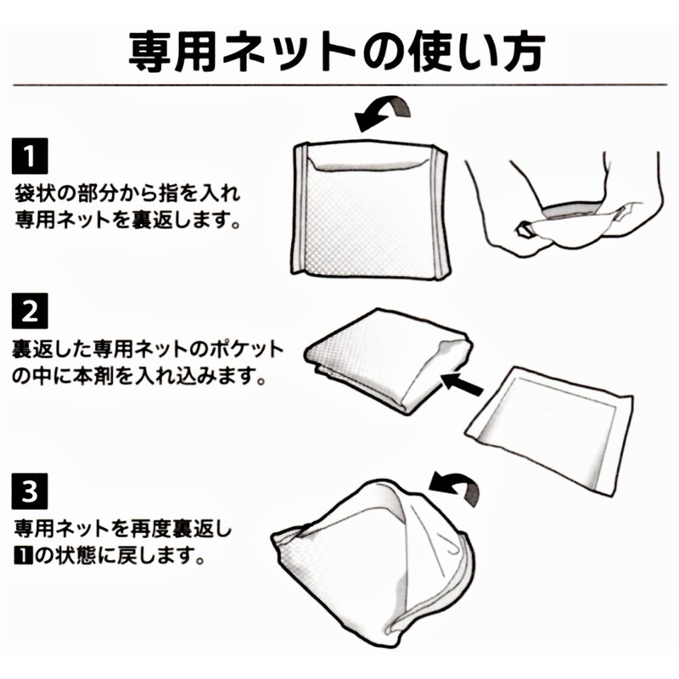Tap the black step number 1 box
click(x=31, y=159)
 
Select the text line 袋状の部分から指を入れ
click(x=127, y=193)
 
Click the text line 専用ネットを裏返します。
click(x=127, y=220)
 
